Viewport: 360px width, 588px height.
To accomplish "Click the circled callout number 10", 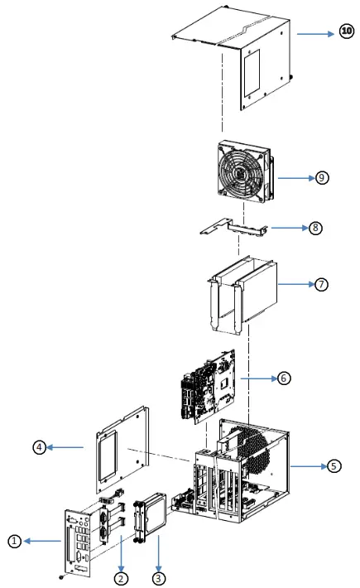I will pyautogui.click(x=346, y=34).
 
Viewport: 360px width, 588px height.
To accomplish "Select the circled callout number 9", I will pyautogui.click(x=322, y=178).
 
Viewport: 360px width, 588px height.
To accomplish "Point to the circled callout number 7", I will pyautogui.click(x=321, y=283).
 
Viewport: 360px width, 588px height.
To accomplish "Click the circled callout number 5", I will pyautogui.click(x=334, y=466).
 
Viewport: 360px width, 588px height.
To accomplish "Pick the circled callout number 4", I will pyautogui.click(x=38, y=447).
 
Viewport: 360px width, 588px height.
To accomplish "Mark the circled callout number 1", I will pyautogui.click(x=13, y=542).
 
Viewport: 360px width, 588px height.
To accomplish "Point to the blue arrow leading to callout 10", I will pyautogui.click(x=316, y=35).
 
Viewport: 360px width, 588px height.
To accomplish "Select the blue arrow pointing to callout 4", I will pyautogui.click(x=66, y=447).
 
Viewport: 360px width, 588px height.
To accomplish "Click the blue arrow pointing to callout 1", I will pyautogui.click(x=41, y=542).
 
